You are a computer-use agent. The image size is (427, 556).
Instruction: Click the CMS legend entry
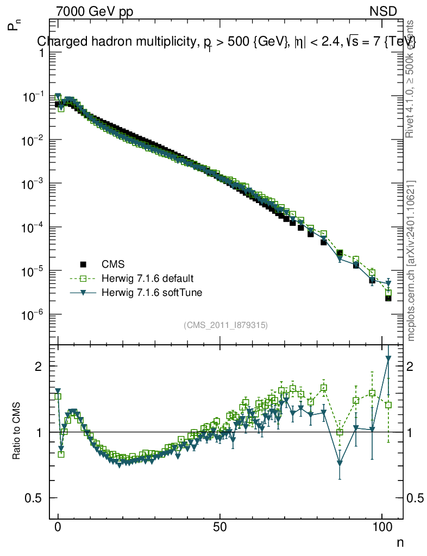(114, 264)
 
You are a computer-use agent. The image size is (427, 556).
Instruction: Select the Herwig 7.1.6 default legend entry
(148, 279)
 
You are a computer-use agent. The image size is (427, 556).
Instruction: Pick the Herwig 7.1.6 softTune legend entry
(150, 293)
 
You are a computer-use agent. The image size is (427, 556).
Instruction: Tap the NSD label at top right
(384, 11)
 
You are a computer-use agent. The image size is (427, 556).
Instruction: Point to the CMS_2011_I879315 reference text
(225, 325)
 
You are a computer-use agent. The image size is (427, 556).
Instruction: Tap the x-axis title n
(400, 542)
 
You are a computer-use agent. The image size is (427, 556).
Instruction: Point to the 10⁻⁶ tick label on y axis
(35, 315)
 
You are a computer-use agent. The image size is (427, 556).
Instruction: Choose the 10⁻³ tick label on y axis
(35, 184)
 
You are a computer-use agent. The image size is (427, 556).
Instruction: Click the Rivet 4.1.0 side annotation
(411, 79)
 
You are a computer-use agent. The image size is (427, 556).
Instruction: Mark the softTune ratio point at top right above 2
(388, 358)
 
